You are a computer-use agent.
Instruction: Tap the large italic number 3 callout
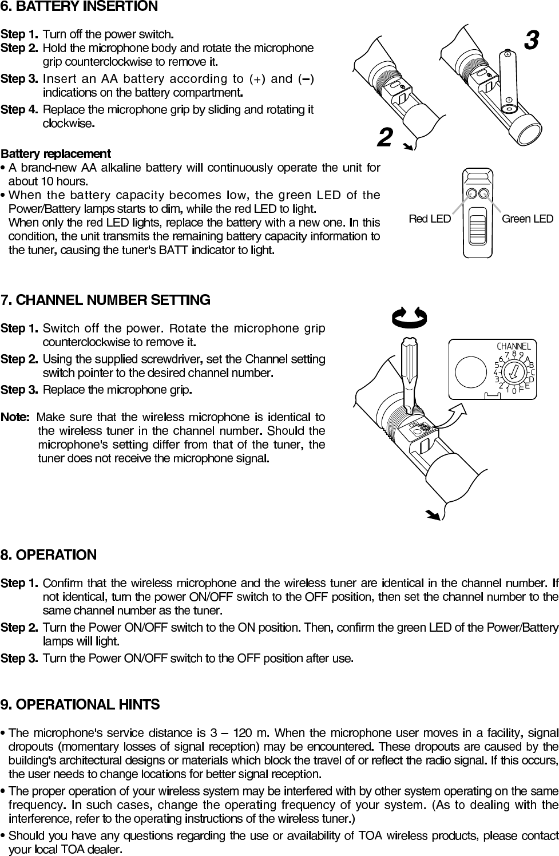point(531,41)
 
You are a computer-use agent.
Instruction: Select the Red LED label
point(430,219)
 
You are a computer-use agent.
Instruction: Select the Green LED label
point(527,219)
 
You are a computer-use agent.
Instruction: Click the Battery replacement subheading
point(55,154)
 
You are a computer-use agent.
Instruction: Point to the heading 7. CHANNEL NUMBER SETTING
point(106,300)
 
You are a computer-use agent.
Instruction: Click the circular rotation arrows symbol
point(410,316)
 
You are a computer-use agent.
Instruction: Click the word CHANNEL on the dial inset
point(513,346)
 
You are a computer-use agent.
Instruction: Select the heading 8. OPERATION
point(49,555)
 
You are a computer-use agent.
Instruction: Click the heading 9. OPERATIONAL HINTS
point(80,704)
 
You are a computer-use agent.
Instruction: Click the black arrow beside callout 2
point(408,147)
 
